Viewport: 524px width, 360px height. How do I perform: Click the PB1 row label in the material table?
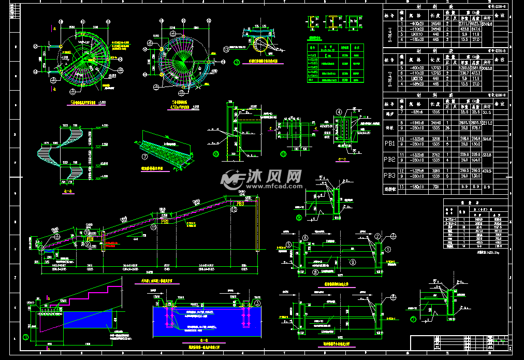click(x=389, y=142)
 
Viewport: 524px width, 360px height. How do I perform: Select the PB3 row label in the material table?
click(x=389, y=176)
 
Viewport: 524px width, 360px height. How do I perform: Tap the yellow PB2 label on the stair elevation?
click(x=164, y=221)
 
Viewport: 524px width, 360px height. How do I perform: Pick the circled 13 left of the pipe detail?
click(x=226, y=49)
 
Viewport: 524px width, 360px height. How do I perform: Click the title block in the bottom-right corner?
click(x=461, y=342)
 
